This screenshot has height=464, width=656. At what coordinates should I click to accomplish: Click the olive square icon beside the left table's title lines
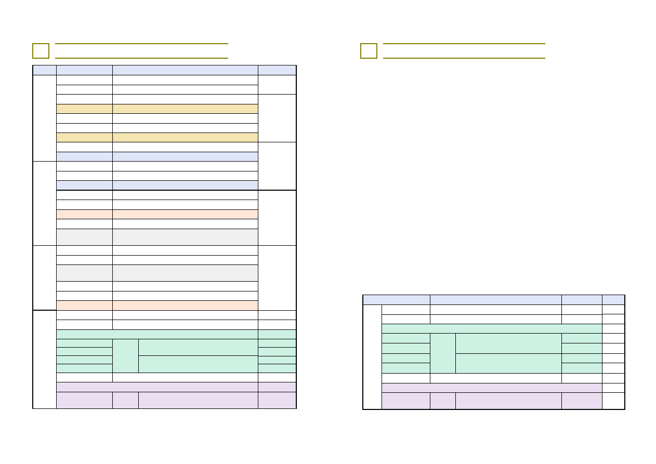(41, 51)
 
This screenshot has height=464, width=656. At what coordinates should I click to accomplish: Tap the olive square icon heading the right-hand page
(369, 51)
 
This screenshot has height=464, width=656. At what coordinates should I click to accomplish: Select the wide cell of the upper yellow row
(185, 109)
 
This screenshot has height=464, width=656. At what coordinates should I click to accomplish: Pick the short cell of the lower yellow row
(84, 138)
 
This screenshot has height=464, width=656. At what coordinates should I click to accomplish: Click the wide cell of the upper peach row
(185, 214)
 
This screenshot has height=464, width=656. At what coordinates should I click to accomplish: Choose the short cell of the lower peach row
(84, 306)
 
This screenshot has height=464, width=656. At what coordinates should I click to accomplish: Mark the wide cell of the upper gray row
(185, 237)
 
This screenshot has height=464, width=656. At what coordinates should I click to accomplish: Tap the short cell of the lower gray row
(84, 273)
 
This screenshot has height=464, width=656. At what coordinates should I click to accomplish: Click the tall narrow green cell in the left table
(125, 356)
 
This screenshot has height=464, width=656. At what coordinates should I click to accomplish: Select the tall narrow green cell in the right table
(442, 353)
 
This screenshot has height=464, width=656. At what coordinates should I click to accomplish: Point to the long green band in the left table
(157, 334)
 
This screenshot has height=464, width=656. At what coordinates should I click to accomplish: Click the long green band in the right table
(492, 328)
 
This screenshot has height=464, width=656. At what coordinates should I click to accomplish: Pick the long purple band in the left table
(157, 387)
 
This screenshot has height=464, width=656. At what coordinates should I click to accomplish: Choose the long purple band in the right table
(492, 388)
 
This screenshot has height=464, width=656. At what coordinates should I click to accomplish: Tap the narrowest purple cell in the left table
(125, 400)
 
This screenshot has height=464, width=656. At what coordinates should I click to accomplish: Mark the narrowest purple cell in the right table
(442, 401)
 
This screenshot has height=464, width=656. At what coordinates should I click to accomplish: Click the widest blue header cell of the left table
(185, 70)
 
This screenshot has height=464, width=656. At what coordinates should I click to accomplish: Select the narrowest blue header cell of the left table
(44, 70)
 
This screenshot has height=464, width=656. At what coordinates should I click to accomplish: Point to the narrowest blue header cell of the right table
(613, 300)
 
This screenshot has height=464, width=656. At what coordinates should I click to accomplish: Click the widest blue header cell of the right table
(495, 300)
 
